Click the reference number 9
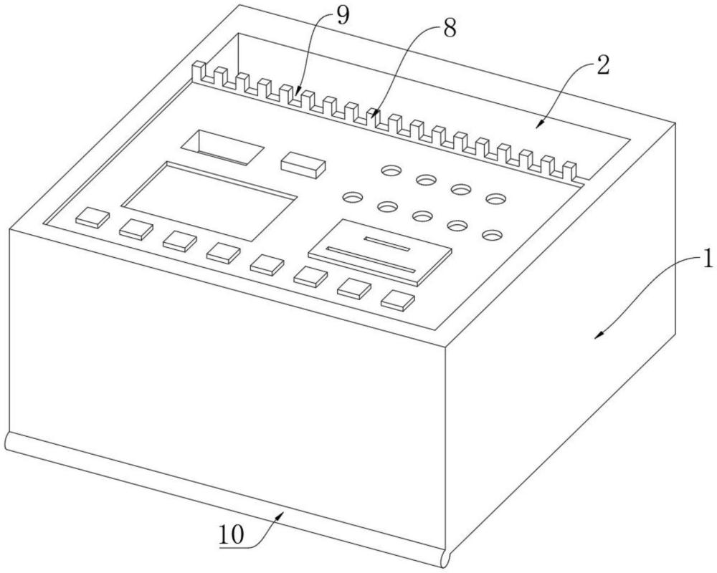coord(343,16)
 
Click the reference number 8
coord(449,29)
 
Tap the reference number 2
coord(603,66)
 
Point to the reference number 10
coord(232,534)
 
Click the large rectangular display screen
coord(209,201)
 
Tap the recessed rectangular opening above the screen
coord(223,147)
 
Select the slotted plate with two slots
coord(379,252)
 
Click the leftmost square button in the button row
coord(92,218)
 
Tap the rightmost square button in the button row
coord(398,300)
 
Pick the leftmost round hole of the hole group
coord(353,197)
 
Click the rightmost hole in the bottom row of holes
coord(492,235)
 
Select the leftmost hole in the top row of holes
coord(391,170)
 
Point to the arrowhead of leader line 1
coord(598,336)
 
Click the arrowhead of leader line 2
coord(540,124)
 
